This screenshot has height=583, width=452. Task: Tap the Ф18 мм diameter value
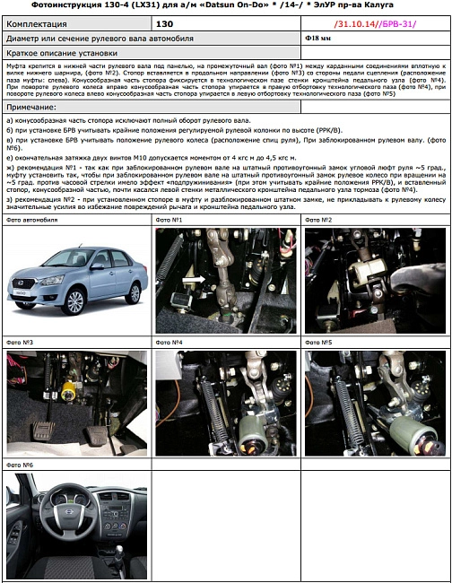pyautogui.click(x=318, y=39)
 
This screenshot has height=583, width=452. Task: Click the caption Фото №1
pyautogui.click(x=169, y=220)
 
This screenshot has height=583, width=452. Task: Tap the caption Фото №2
pyautogui.click(x=318, y=220)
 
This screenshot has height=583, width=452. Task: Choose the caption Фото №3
pyautogui.click(x=20, y=343)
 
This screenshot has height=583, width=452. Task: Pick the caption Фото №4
pyautogui.click(x=169, y=343)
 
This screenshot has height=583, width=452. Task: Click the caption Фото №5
pyautogui.click(x=318, y=343)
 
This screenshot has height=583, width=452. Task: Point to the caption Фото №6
pyautogui.click(x=20, y=466)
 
